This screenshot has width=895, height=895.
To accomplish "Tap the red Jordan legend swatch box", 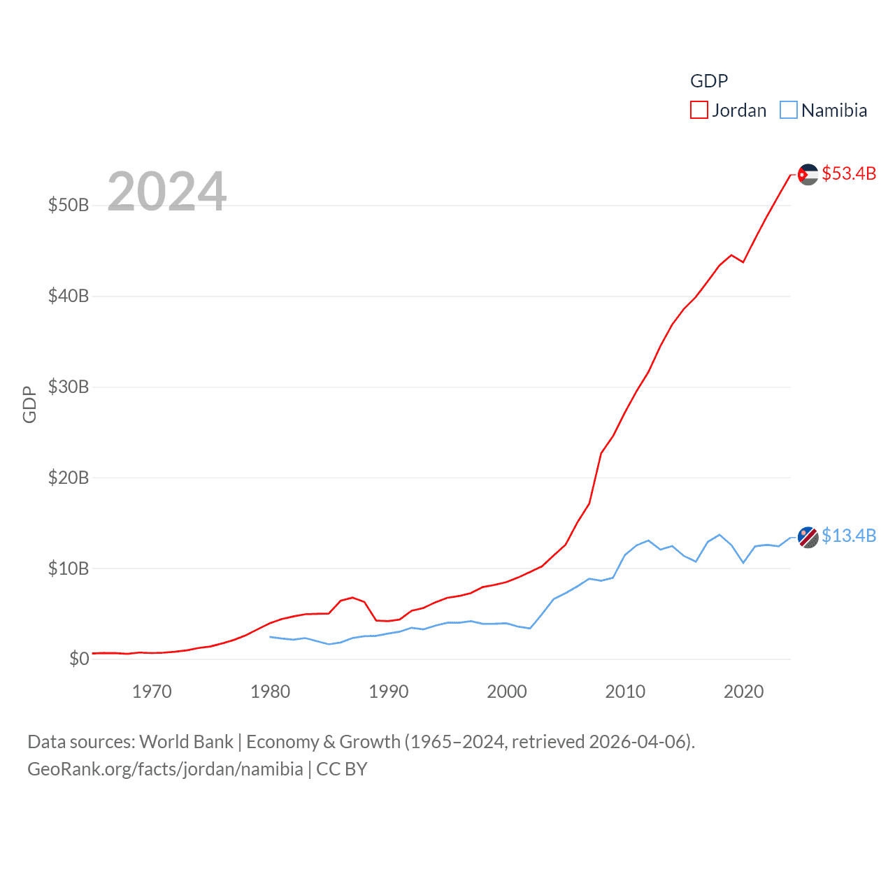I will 699,110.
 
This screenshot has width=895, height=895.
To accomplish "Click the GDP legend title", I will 709,81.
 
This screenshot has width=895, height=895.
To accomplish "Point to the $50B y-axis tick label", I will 69,205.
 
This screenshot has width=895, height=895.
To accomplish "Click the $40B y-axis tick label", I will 69,296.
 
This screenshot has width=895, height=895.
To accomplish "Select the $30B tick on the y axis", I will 69,387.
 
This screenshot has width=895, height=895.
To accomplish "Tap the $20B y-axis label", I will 69,478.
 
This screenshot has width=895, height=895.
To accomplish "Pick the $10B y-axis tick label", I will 69,568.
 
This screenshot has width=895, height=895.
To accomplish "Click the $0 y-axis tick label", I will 79,659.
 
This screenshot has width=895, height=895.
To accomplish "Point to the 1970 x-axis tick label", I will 152,692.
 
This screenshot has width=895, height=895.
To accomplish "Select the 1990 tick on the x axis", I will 389,692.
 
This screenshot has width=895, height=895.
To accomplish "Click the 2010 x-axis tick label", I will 625,692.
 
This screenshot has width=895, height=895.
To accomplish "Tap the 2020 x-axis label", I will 743,692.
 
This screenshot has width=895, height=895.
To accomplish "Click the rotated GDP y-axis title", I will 29,404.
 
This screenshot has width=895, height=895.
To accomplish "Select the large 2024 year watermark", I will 167,191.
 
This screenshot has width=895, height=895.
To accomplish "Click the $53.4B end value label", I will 849,173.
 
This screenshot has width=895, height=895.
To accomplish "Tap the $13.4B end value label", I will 849,536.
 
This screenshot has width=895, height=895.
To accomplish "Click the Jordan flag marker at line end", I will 808,174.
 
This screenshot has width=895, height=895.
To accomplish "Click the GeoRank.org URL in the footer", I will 165,769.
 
